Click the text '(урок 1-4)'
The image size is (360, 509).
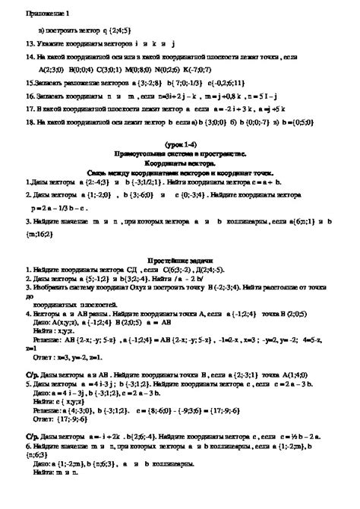[180, 144]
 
